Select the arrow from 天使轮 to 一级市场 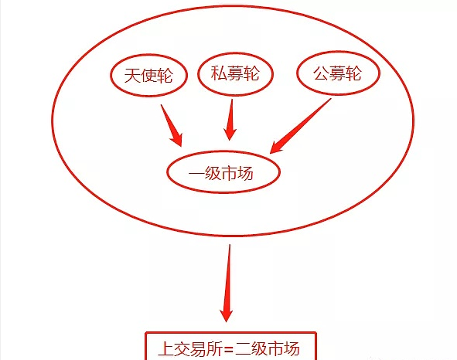[x=172, y=126]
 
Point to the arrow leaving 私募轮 [x=230, y=120]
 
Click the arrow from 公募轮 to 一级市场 [x=300, y=126]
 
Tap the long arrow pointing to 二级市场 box [x=227, y=283]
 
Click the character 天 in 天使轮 [x=132, y=76]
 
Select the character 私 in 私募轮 [x=219, y=73]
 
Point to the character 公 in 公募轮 [x=321, y=73]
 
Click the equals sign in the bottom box [x=229, y=348]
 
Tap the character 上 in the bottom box [x=165, y=348]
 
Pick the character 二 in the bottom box [x=243, y=348]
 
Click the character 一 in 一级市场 [x=196, y=174]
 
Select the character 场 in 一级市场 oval [x=245, y=173]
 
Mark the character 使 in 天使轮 [x=148, y=76]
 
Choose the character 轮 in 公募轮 [x=353, y=73]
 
